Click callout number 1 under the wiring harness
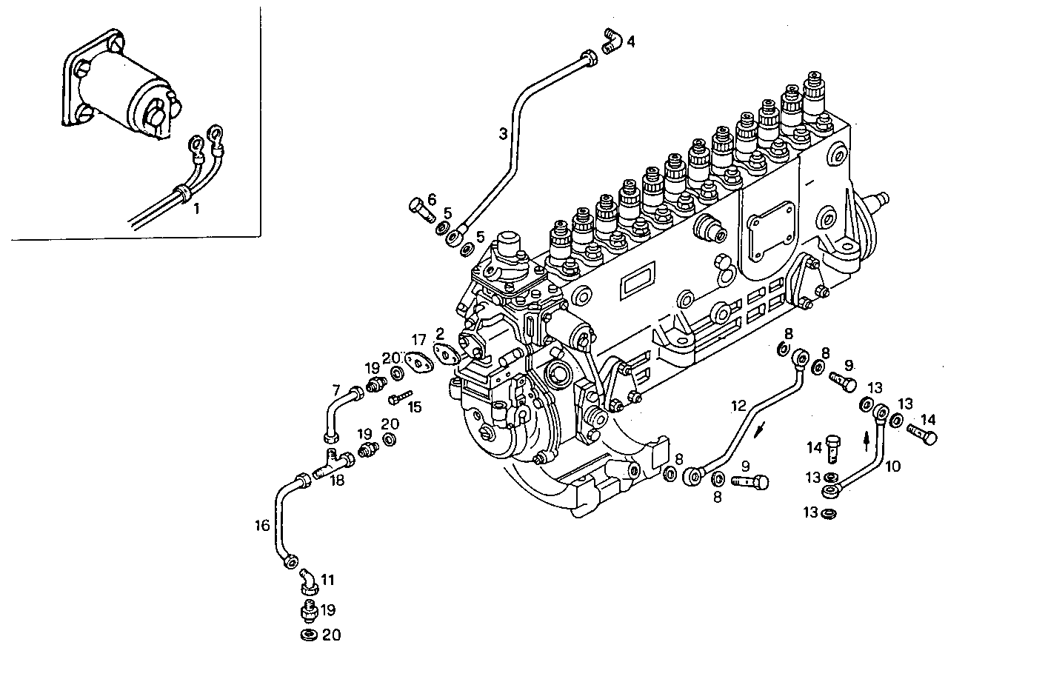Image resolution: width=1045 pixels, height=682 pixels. pos(196,210)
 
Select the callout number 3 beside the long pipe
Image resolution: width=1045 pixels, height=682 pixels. pos(503,134)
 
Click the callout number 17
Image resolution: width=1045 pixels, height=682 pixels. pos(419,340)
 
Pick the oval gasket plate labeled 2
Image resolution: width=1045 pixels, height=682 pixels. pos(446,355)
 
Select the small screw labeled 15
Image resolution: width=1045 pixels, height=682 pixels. pos(398,399)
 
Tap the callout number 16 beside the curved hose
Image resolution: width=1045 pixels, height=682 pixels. pos(262,526)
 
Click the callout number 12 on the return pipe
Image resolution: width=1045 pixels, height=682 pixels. pos(738,405)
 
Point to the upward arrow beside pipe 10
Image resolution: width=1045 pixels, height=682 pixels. pos(867,441)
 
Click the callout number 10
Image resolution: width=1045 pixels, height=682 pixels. pos(892,466)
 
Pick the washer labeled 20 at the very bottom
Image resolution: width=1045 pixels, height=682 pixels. pos(308,635)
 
